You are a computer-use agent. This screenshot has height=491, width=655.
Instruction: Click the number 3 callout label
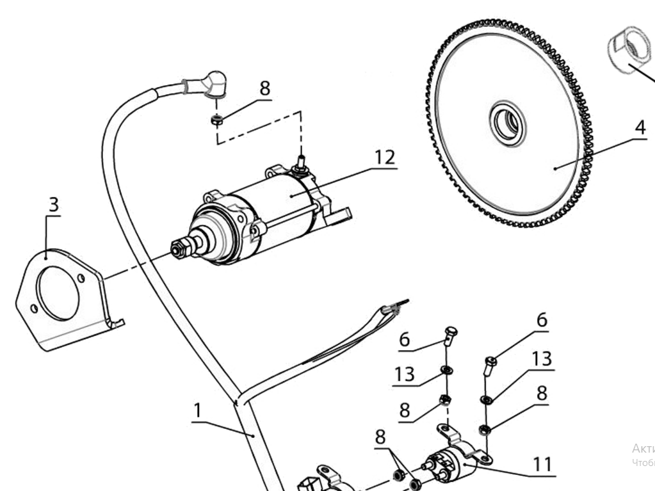coord(54,205)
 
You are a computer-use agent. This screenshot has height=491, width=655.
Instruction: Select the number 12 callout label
coord(385,157)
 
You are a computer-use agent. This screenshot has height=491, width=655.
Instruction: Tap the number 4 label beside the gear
coord(640,127)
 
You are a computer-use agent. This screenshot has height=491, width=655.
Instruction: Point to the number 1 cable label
coord(198,410)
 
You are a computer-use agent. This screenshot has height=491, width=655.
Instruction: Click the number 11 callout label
coord(542,463)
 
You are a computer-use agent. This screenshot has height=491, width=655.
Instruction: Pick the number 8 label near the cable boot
coord(264,88)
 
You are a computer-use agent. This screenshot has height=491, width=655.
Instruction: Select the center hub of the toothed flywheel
coord(508,122)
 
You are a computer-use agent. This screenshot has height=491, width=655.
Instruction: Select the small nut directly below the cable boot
coord(217,118)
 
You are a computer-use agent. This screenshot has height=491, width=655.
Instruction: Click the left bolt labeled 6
coord(449,334)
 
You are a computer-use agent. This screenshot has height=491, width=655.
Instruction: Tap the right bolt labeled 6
coord(490,364)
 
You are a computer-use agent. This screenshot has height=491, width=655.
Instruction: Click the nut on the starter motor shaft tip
coord(179,248)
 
